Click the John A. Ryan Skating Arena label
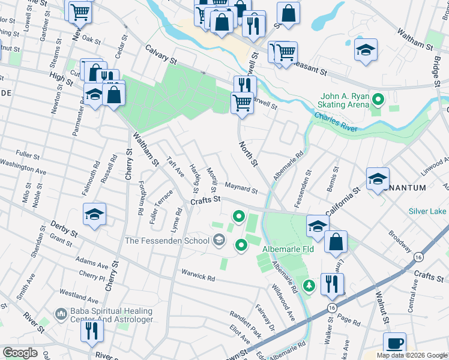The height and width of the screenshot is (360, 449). coord(345,100)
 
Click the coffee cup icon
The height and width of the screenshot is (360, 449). coord(394,344)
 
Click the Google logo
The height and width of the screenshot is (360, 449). coord(20,353)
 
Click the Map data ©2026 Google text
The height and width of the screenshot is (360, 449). coord(411,355)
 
